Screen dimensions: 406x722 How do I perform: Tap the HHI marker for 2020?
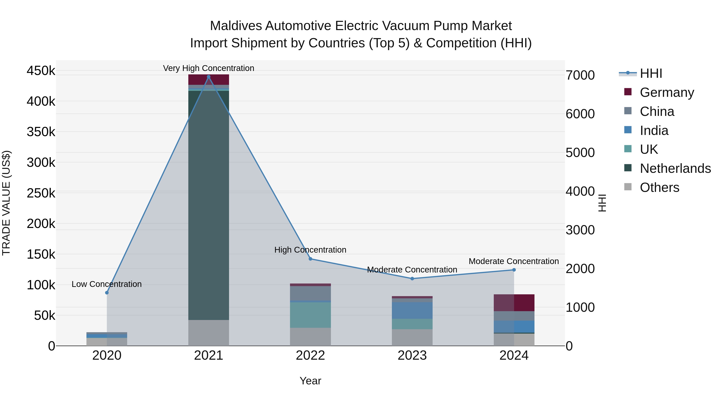[x=107, y=293]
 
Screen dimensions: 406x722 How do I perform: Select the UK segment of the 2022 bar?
[x=310, y=315]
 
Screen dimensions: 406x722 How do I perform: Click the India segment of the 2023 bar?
[x=412, y=310]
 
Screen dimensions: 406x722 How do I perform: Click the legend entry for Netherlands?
[x=675, y=168]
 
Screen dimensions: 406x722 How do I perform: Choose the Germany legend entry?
[x=666, y=92]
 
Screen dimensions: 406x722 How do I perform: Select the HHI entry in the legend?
[x=651, y=73]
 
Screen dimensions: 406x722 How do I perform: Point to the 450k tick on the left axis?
[x=41, y=71]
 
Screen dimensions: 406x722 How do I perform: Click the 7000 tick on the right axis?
[x=580, y=75]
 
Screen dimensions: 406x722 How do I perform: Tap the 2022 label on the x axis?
[x=310, y=355]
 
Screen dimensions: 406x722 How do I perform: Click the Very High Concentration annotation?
[x=209, y=68]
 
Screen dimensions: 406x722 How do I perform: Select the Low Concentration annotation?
[x=106, y=284]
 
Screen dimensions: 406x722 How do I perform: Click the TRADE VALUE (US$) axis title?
[x=6, y=203]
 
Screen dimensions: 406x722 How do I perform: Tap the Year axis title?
[x=310, y=381]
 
